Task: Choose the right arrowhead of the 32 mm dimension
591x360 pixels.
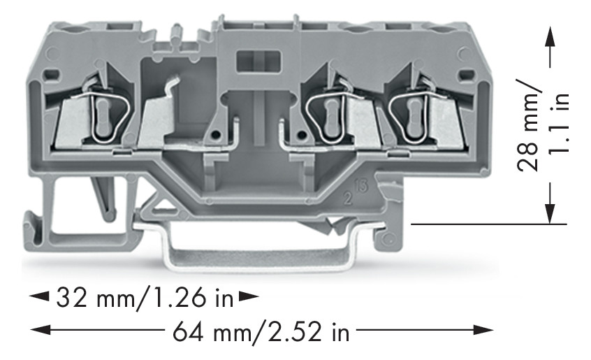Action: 248,298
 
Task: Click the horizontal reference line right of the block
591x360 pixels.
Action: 488,224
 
